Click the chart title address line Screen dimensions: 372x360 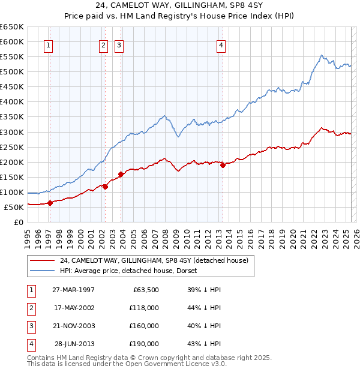180,5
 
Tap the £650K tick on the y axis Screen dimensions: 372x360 12,27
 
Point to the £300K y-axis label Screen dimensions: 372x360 12,132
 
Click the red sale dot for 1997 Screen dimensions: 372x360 50,203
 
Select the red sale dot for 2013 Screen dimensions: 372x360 223,165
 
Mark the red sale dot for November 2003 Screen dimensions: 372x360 121,175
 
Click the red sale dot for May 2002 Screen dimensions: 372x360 105,187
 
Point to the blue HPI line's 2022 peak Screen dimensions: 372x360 322,55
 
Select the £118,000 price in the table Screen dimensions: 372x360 145,308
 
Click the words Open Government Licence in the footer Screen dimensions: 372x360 181,364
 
